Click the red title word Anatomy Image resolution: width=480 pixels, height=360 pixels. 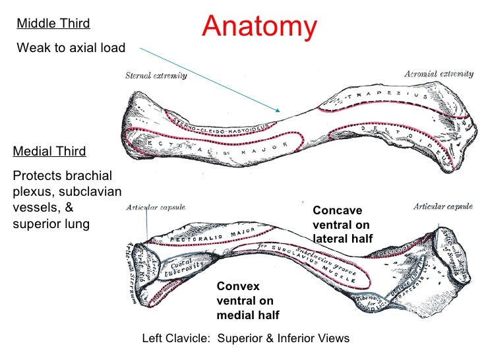(x=260, y=27)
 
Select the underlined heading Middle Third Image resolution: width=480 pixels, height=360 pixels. (x=53, y=24)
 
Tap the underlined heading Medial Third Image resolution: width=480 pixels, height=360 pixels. (x=49, y=152)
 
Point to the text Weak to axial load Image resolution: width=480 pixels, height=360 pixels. (x=70, y=47)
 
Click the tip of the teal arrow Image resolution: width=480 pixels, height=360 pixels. (x=280, y=111)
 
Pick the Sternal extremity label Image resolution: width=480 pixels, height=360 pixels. (x=156, y=76)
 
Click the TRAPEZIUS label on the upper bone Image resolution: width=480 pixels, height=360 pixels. (x=382, y=96)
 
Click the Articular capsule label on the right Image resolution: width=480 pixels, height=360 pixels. (x=442, y=206)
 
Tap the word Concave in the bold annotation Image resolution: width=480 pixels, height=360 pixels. (x=337, y=210)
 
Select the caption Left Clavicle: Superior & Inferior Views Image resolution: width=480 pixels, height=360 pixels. (x=245, y=338)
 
